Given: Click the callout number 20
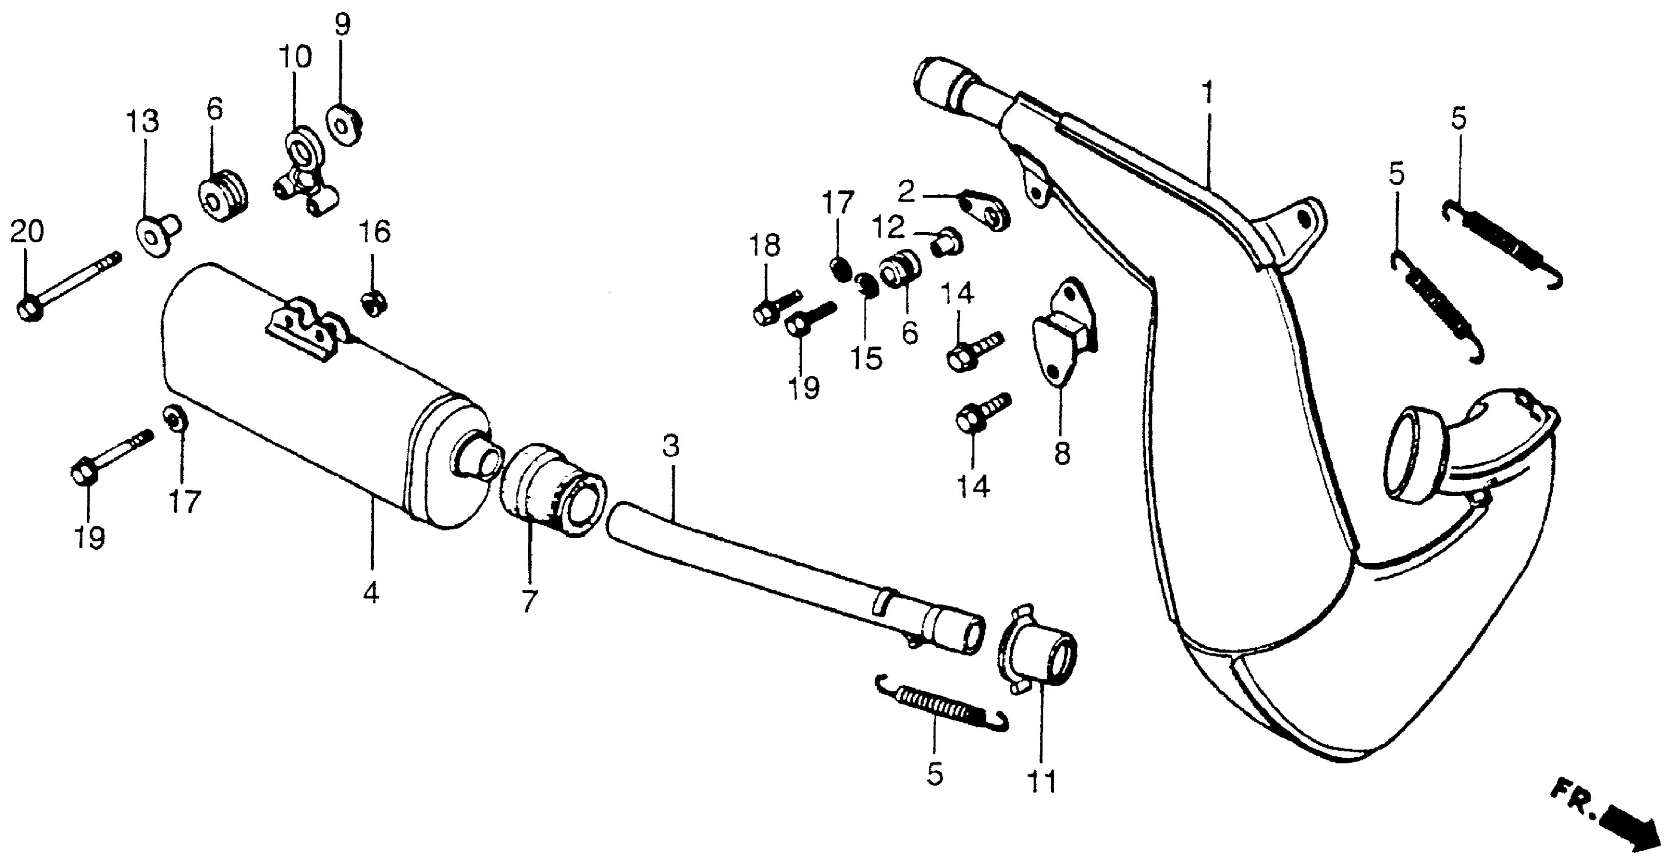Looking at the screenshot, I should pos(27,232).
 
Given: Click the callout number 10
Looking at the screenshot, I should pos(295,59).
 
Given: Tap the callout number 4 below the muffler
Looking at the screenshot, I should pos(371,593).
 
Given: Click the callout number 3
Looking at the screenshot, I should pos(671,447).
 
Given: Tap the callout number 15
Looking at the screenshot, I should pos(868,359).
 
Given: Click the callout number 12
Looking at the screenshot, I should pos(888,227).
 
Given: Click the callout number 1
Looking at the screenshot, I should pos(1207,93).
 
